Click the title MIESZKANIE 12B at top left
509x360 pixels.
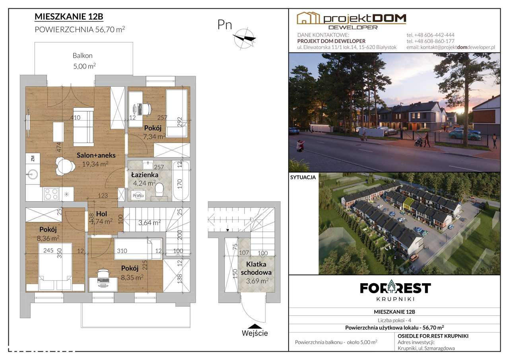pos(69,17)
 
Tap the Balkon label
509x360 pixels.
pos(82,55)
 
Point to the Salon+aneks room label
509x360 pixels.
pos(96,155)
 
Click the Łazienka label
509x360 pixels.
pos(144,175)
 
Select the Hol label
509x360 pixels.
pos(101,214)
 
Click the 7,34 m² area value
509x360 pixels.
pos(154,136)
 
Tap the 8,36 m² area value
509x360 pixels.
pos(48,238)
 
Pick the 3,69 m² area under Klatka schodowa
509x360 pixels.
pos(257,281)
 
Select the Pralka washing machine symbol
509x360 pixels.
pos(138,195)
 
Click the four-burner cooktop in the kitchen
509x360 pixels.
pos(51,194)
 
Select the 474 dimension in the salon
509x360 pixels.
pos(59,147)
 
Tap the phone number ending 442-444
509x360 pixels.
pos(430,35)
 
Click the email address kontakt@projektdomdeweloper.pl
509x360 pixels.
pos(451,47)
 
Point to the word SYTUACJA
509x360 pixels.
pos(303,177)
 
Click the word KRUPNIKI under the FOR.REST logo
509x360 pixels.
pos(396,299)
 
